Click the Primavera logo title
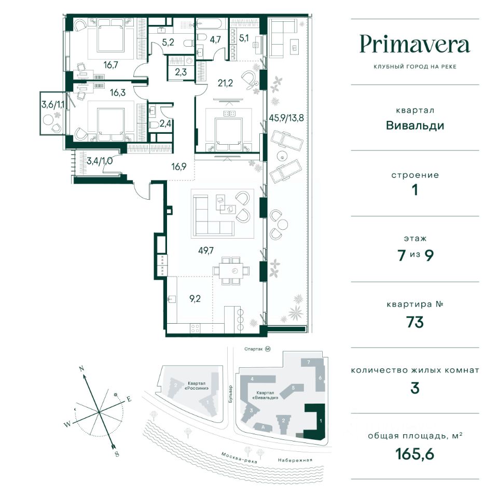pos(414,45)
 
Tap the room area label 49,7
pos(206,251)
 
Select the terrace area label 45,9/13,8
pos(286,118)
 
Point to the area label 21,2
pos(225,83)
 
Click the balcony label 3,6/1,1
pos(53,104)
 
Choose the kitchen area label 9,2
pos(195,299)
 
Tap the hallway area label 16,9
pos(179,167)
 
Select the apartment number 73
pos(415,322)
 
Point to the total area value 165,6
pos(415,454)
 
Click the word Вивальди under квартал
pos(415,126)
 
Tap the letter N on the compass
pos(81,369)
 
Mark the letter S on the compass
pos(117,454)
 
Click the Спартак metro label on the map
pos(254,349)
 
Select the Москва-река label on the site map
pos(239,458)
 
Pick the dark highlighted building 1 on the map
pos(316,422)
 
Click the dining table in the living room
pos(231,271)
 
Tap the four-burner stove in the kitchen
pos(195,328)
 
